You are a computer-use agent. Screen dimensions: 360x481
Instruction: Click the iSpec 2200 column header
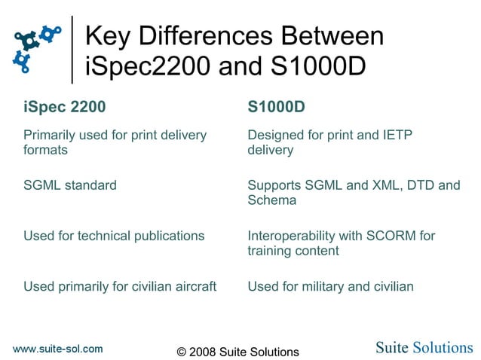coord(64,107)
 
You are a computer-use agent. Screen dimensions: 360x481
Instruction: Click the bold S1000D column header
coord(277,107)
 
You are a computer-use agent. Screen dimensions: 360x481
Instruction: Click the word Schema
coord(271,200)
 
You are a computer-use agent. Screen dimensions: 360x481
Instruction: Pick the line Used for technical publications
coord(114,236)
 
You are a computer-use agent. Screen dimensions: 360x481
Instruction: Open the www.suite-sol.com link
coord(57,348)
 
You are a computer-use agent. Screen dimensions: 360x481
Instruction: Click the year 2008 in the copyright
coord(204,352)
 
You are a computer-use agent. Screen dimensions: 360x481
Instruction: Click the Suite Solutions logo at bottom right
coord(424,347)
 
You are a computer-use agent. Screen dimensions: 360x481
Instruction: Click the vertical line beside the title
coord(72,49)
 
